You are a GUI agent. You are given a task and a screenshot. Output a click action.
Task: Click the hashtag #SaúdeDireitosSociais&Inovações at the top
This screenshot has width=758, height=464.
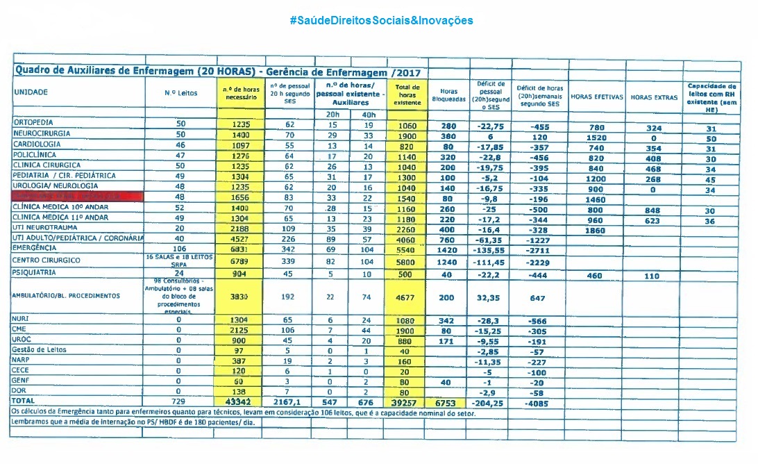[381, 20]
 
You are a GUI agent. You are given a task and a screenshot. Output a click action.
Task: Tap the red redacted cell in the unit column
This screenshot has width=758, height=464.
[76, 197]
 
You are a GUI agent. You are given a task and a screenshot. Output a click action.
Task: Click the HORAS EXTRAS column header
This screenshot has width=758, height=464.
[654, 97]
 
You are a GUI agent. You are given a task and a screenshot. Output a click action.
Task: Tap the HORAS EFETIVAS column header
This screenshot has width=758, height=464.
[596, 97]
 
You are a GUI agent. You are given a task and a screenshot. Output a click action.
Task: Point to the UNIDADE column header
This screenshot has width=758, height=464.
[31, 92]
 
